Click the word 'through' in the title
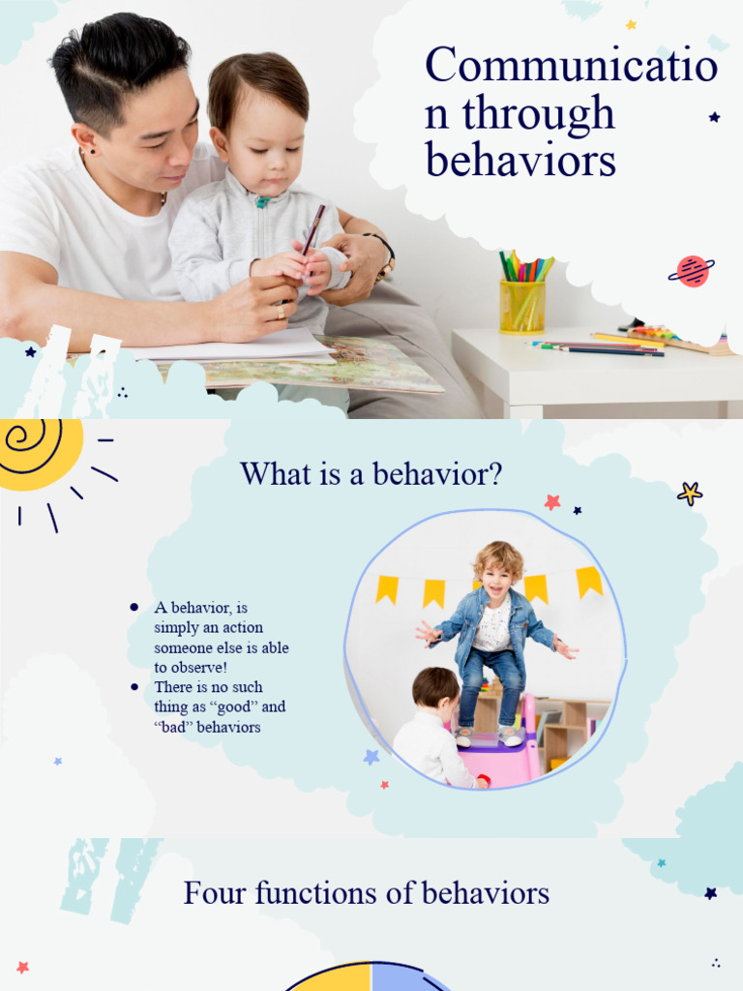pos(538,114)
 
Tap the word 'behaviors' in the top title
pos(520,160)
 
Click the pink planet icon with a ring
pos(692,271)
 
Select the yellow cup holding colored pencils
pos(522,307)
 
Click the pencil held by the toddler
pos(313,228)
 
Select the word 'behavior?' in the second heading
pos(437,473)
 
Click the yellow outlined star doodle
pos(690,494)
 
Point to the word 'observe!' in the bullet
pos(198,668)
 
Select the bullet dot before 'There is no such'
pos(134,687)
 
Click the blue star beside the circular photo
pos(371,756)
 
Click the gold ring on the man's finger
pos(281,312)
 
